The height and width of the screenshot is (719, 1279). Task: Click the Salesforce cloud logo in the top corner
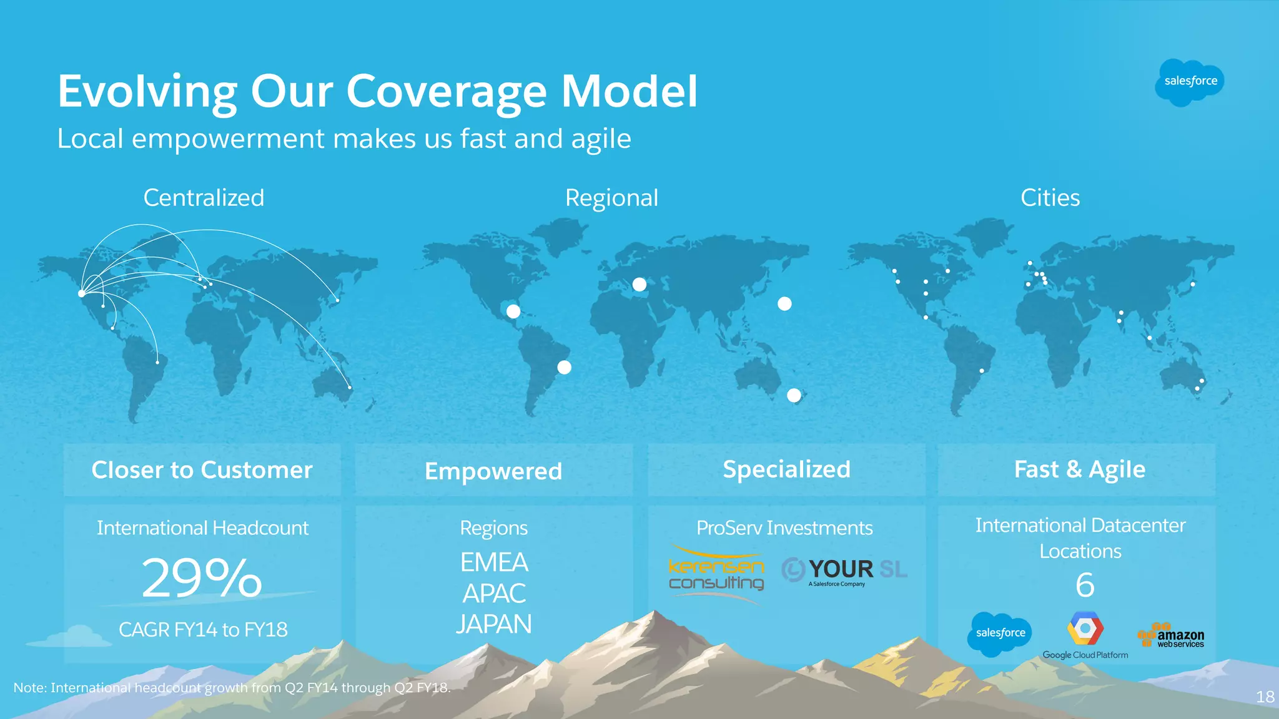[x=1190, y=82]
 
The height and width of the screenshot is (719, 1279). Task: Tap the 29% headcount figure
[x=202, y=578]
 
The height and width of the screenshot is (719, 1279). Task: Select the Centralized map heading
[x=204, y=198]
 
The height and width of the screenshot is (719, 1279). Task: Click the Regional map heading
[x=611, y=198]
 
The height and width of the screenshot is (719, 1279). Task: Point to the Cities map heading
[x=1050, y=198]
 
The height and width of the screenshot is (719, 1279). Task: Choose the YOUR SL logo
[x=844, y=570]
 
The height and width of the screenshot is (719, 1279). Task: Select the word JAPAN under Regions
[x=493, y=624]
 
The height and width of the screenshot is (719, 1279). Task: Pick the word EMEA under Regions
[x=493, y=562]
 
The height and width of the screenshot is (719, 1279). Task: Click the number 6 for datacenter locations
[x=1085, y=585]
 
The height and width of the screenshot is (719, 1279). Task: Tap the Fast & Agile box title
[x=1079, y=469]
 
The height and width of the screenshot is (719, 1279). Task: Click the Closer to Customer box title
[x=202, y=470]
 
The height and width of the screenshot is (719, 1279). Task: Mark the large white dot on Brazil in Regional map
[x=564, y=368]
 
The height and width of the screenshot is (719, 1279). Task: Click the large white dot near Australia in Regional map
[x=794, y=395]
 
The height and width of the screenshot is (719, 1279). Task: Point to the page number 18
[x=1265, y=697]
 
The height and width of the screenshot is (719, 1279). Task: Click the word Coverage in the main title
[x=447, y=92]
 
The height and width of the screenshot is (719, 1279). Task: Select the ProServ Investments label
[x=784, y=528]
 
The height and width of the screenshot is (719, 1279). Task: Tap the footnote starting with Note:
[x=232, y=688]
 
